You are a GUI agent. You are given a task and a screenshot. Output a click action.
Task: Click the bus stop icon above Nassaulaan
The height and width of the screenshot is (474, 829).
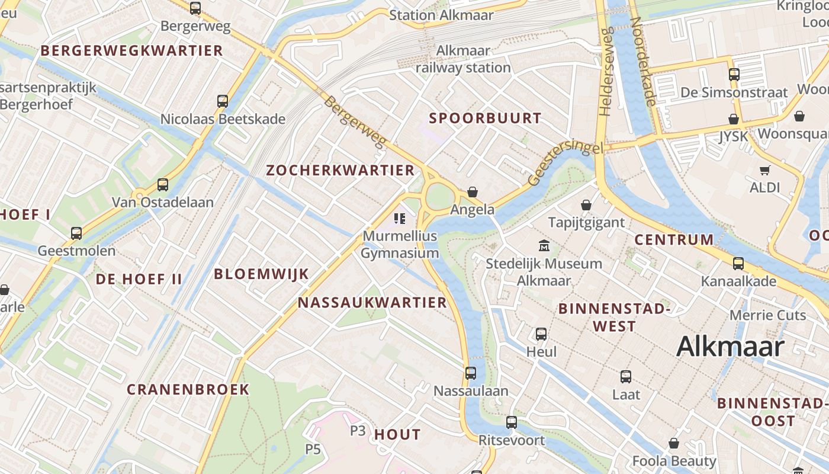(x=471, y=373)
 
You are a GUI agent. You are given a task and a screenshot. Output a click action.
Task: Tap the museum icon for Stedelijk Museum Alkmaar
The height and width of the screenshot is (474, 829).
(x=544, y=245)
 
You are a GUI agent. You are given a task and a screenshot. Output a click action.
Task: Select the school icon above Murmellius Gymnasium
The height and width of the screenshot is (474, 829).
(x=400, y=219)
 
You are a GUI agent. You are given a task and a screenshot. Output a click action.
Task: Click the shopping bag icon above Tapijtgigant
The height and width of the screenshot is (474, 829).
(x=586, y=205)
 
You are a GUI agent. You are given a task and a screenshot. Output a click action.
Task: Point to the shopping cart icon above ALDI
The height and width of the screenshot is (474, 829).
(x=764, y=171)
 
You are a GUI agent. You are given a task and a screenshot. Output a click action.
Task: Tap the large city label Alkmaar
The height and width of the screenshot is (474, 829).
(x=730, y=347)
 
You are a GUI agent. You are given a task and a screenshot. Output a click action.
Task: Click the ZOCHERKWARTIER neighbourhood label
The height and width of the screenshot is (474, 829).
(x=340, y=171)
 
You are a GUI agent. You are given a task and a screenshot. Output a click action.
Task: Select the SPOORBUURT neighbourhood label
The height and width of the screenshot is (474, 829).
(x=485, y=118)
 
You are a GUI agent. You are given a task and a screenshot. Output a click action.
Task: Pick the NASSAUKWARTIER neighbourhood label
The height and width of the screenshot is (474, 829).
(x=372, y=303)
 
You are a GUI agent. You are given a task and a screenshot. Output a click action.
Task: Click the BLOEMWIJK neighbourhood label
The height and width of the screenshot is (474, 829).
(x=261, y=274)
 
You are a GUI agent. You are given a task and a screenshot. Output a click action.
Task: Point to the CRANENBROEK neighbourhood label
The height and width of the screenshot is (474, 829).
(x=188, y=389)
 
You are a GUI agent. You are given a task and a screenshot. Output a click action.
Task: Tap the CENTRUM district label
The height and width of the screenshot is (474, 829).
(x=674, y=240)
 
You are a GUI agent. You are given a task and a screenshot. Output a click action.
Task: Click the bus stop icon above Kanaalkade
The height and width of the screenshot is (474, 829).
(x=738, y=264)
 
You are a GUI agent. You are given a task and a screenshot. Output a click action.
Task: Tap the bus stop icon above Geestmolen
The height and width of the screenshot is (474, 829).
(x=76, y=233)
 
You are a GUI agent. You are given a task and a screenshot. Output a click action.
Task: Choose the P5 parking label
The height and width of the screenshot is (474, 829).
(x=313, y=449)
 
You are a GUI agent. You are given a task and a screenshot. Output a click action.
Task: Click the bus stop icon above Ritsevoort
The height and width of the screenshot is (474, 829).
(x=512, y=422)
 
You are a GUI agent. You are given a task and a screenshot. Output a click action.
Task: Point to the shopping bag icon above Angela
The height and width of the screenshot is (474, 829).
(x=473, y=192)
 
